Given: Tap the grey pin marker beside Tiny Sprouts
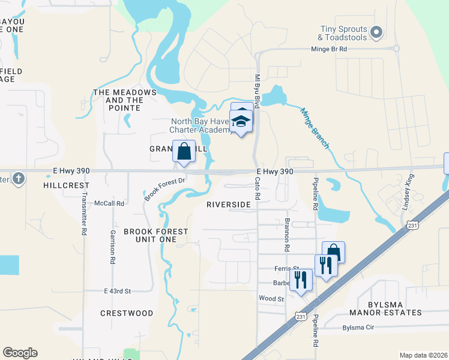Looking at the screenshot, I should (x=377, y=32).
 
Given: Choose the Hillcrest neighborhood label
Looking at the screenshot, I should (x=66, y=186).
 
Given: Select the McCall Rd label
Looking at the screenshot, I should (x=109, y=203).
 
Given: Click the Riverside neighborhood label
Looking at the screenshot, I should (x=228, y=205).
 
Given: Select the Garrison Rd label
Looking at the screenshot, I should (x=112, y=247).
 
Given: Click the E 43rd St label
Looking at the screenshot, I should (x=117, y=291).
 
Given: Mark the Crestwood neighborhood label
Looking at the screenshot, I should (x=127, y=313).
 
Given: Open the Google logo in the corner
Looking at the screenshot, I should (x=20, y=353).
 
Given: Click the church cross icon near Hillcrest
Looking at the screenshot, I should (x=19, y=178).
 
